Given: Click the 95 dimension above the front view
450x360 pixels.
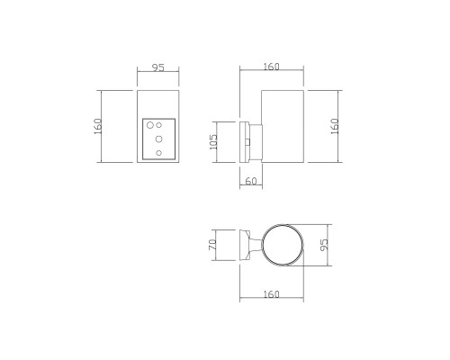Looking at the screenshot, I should pos(157,67).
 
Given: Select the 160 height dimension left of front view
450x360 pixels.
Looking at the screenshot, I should pos(98,127).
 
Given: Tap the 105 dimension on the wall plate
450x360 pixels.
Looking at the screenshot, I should pos(214,142).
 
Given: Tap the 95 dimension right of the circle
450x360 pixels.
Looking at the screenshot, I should pos(325,244).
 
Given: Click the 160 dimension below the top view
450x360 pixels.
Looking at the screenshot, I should pos(273,294).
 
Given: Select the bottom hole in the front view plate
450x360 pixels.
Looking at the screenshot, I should pos(158,153).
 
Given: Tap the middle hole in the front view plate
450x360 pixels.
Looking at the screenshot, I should pos(158,139).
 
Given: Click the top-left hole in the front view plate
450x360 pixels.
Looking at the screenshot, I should pos(151,126).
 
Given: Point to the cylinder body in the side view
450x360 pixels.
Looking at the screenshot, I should pos(283,127).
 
